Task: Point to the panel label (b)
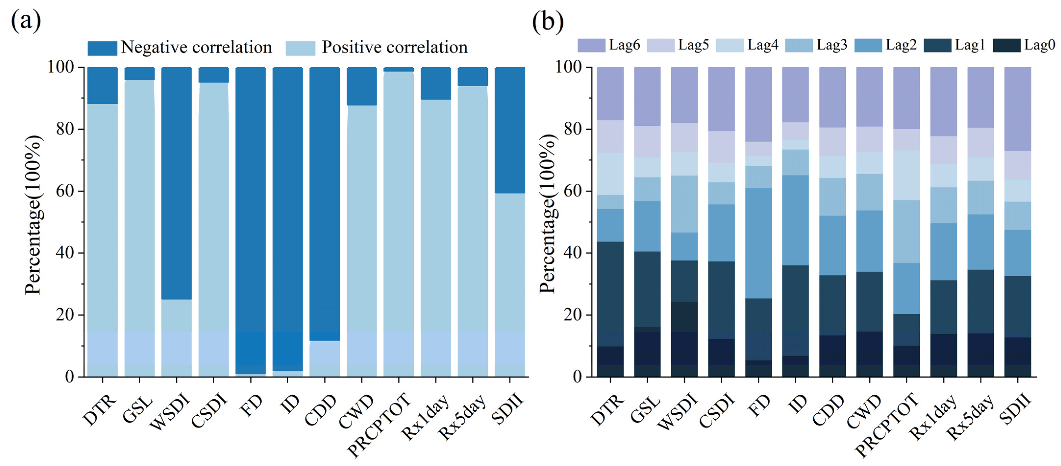(548, 21)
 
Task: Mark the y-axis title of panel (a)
(34, 215)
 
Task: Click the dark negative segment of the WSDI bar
(176, 183)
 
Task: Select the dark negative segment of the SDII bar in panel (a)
(510, 130)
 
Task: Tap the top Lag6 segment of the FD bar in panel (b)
(758, 104)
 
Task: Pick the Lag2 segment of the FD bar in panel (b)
(758, 243)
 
